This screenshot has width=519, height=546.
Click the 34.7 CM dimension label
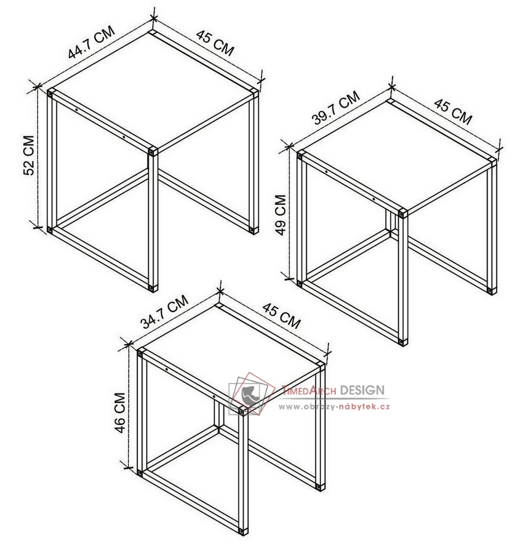click(x=165, y=312)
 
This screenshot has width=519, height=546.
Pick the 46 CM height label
click(x=120, y=413)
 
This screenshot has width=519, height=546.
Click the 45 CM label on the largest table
click(x=215, y=43)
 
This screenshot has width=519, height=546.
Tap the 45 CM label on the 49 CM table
click(x=453, y=111)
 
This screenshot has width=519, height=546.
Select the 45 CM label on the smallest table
click(x=281, y=316)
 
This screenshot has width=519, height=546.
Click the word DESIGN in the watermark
click(x=362, y=390)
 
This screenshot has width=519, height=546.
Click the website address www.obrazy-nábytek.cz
click(x=334, y=406)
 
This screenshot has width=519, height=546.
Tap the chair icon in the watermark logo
click(x=250, y=394)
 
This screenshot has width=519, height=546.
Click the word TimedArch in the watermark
click(x=309, y=391)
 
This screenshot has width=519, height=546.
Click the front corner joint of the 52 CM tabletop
click(x=153, y=152)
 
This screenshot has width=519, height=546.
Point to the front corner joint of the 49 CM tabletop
click(x=403, y=213)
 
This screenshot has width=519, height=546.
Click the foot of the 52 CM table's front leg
click(x=153, y=288)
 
